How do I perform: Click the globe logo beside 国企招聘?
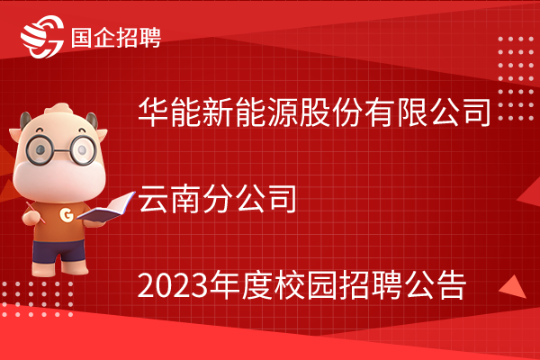pos(42,37)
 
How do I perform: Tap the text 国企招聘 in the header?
pos(116,37)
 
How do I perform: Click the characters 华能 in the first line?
pos(170,112)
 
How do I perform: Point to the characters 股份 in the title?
pos(331,112)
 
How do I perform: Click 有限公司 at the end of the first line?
pos(427,112)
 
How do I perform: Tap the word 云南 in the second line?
pos(169,198)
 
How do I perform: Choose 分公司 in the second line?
pos(249,198)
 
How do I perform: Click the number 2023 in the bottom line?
pos(173,286)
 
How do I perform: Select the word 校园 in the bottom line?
pos(305,285)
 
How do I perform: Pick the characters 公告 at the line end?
pos(435,285)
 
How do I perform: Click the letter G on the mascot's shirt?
pos(67,214)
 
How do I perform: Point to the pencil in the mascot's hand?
pos(35,212)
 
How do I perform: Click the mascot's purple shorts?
pos(58,251)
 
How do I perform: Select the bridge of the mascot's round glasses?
pos(61,150)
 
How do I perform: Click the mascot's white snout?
pos(58,176)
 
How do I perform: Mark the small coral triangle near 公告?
pos(513,287)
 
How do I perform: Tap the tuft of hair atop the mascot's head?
pos(58,109)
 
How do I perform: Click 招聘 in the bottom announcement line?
pos(370,285)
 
